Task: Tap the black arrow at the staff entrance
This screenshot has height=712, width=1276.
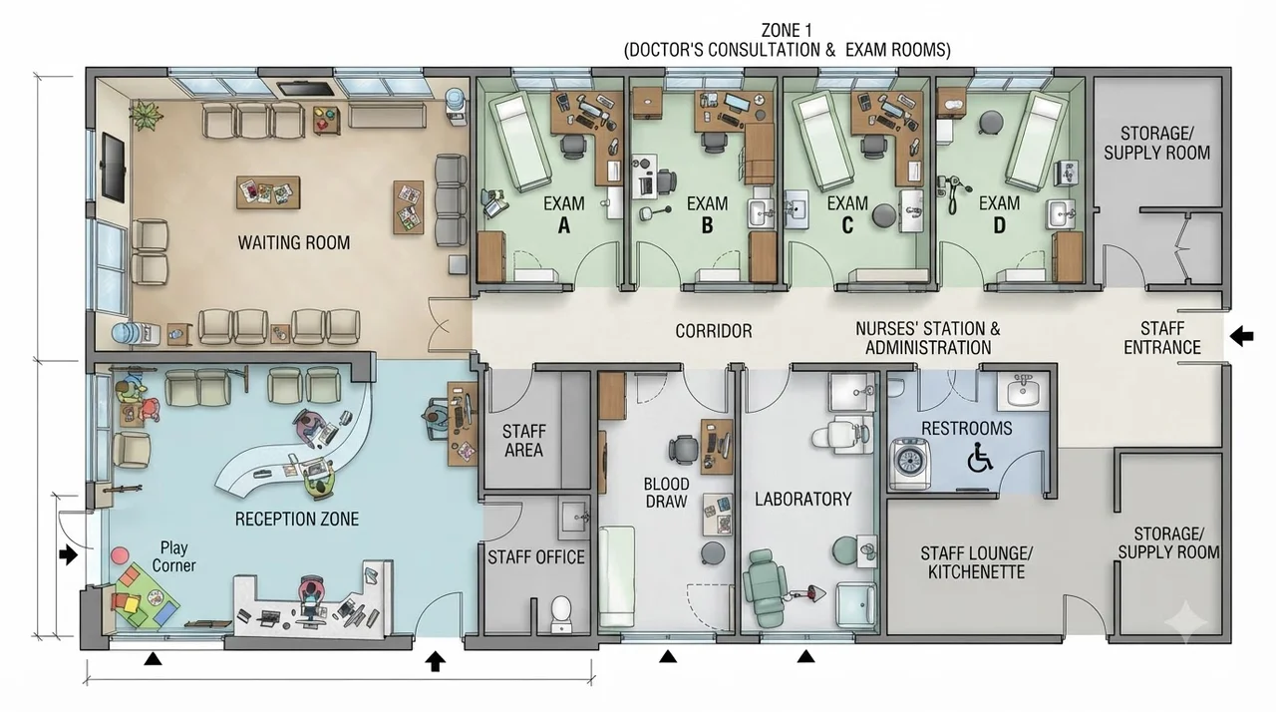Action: pos(1242,335)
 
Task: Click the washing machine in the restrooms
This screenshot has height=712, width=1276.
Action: pos(910,464)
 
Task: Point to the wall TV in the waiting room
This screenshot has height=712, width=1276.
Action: pos(113,166)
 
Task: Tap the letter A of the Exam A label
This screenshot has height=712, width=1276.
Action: pos(563,225)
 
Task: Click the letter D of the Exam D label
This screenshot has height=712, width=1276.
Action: pos(999,225)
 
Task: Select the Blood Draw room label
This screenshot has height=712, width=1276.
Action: pos(666,493)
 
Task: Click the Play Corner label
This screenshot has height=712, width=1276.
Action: pos(173,556)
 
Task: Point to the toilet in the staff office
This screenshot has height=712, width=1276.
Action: pos(561,613)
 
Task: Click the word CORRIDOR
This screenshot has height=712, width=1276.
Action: pos(713,331)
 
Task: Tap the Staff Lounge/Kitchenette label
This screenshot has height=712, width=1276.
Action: pos(976,562)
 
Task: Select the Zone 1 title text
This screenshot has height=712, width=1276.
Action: pos(788,40)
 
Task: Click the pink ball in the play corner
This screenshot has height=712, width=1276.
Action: pos(120,555)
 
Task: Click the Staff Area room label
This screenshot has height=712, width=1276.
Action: pos(523,441)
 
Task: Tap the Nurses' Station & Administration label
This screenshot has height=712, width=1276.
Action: pos(928,338)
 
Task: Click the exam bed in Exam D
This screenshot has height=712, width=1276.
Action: pos(1036,142)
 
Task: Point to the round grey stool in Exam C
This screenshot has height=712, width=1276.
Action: pos(883,215)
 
